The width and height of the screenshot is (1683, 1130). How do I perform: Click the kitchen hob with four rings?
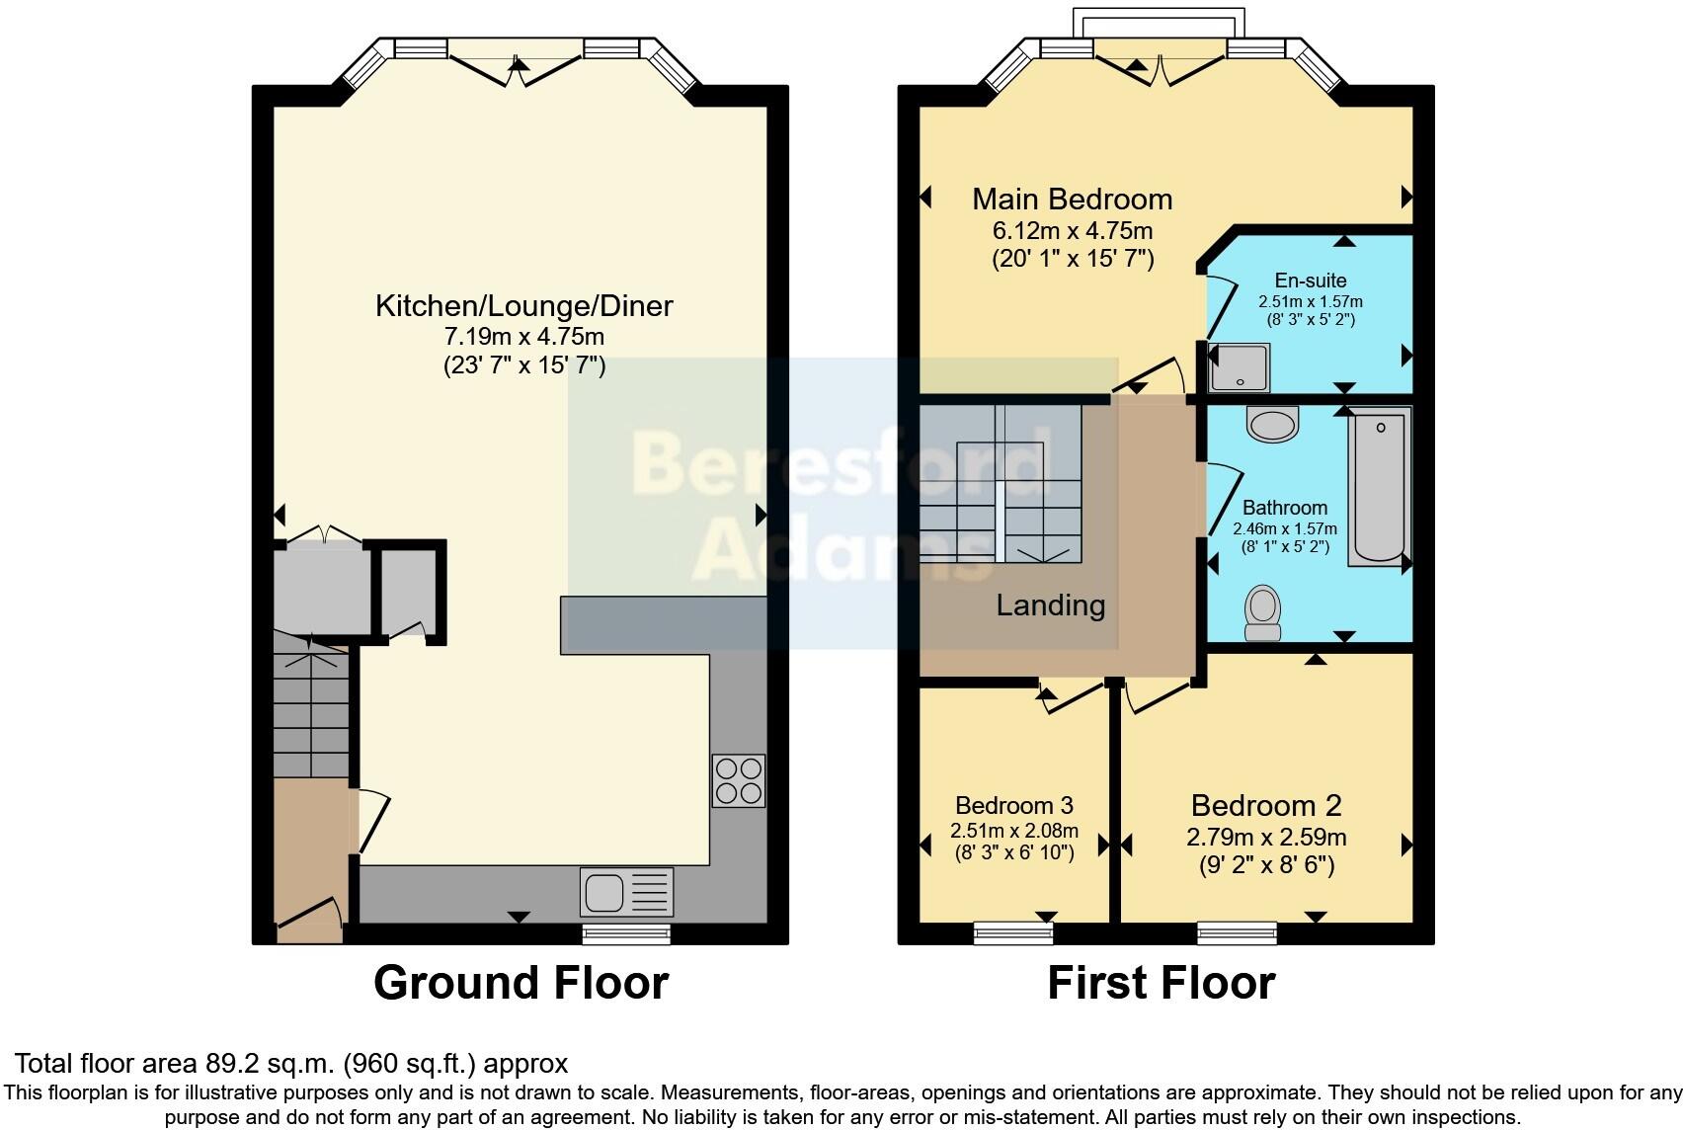(738, 780)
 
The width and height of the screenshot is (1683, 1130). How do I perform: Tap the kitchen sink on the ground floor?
(626, 892)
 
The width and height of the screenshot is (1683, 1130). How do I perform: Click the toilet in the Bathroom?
(1262, 613)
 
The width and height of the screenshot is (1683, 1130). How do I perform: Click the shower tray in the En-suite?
(1239, 367)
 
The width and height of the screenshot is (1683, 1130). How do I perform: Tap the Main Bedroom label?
(1072, 199)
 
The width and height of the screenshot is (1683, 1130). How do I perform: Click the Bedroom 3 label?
(1013, 805)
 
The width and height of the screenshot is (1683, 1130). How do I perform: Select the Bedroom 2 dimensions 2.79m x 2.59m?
(1265, 837)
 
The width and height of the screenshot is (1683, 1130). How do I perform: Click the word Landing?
(1050, 605)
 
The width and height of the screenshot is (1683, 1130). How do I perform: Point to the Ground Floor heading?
(521, 983)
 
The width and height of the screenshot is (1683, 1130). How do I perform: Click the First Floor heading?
(1161, 983)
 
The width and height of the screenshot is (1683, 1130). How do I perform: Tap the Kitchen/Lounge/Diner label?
(523, 305)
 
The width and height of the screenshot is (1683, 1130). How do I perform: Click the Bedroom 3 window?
(1012, 932)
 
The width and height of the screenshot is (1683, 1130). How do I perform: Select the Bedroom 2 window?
(1237, 932)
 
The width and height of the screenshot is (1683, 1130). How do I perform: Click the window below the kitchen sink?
(626, 933)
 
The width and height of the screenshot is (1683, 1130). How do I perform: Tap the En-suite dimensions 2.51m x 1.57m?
(1310, 301)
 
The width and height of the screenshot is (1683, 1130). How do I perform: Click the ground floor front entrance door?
(309, 915)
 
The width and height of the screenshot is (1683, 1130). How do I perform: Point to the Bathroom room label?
(1284, 508)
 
